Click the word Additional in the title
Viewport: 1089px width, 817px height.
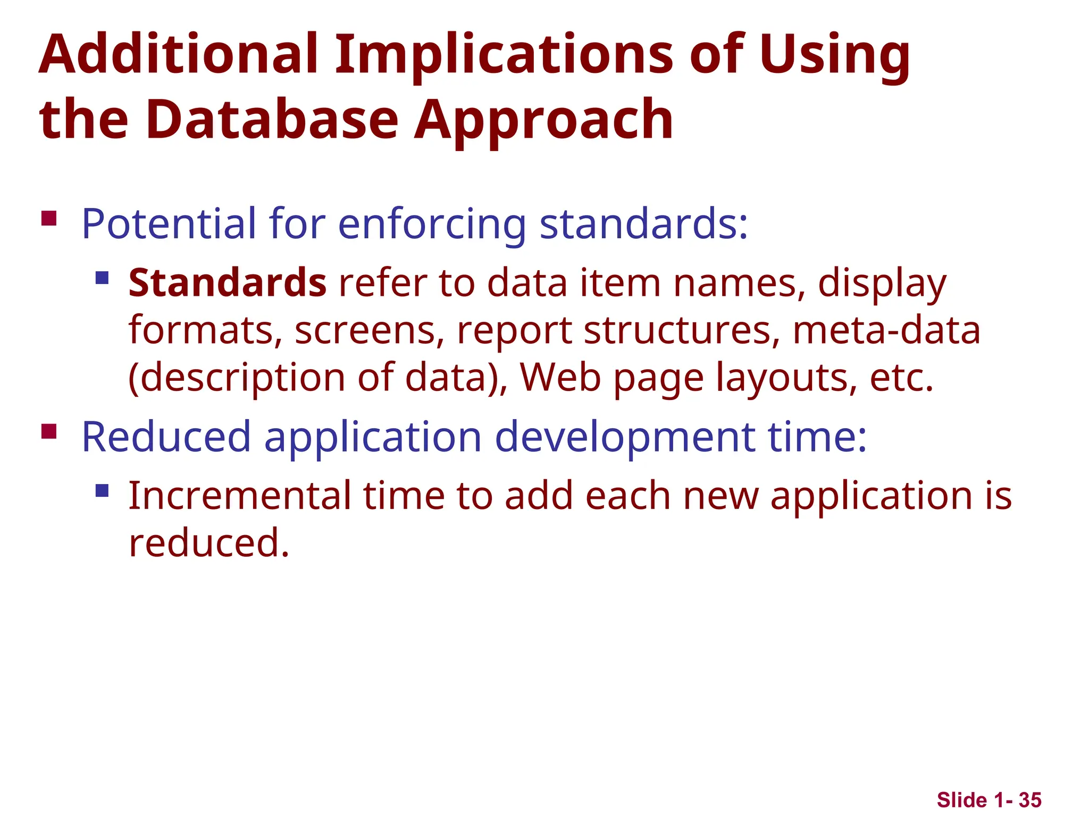(x=178, y=54)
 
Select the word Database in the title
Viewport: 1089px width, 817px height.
(x=272, y=120)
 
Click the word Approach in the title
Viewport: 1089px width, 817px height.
(x=543, y=120)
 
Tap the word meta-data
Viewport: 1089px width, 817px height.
(x=886, y=330)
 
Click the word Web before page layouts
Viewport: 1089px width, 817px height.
(x=560, y=377)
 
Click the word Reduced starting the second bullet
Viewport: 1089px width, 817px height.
(x=166, y=437)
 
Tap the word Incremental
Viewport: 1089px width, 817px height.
(x=239, y=496)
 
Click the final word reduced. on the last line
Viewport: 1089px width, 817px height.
(x=209, y=543)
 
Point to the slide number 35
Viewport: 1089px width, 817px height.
(x=1030, y=800)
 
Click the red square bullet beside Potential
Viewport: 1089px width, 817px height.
(x=49, y=219)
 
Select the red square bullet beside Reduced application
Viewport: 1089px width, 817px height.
(x=49, y=431)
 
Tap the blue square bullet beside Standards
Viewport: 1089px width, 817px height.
(x=102, y=278)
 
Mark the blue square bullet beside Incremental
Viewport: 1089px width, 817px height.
(x=102, y=490)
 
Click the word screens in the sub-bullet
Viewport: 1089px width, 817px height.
(x=369, y=331)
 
